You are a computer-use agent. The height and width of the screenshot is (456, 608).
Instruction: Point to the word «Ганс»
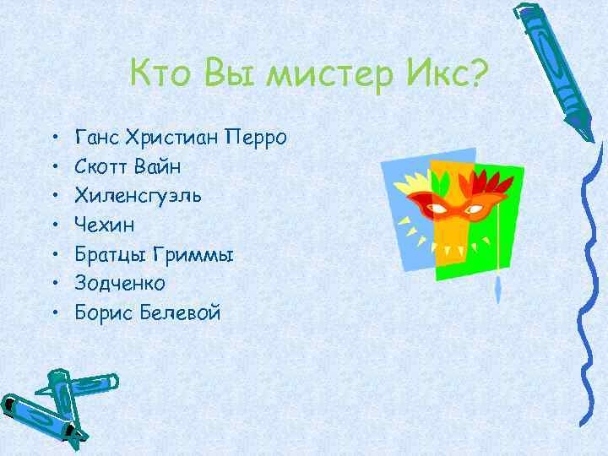[97, 137]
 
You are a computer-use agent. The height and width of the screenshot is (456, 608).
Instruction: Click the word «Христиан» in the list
[173, 137]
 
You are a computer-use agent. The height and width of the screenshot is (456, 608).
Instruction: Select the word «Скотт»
[100, 166]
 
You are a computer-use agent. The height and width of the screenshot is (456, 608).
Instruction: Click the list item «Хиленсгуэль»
[138, 196]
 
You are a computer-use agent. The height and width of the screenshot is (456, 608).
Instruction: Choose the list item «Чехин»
[103, 225]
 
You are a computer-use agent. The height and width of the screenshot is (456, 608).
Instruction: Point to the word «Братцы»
[107, 255]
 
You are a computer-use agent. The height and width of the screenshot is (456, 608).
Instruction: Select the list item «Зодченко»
[119, 284]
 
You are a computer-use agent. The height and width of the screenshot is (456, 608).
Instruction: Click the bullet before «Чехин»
[53, 226]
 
